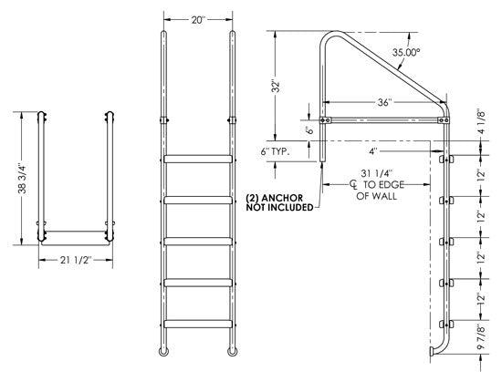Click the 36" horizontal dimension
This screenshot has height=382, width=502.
(384, 102)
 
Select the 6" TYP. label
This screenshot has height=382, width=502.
(276, 152)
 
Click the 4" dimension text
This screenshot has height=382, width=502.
(373, 151)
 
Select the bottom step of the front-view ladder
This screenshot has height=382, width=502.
(198, 322)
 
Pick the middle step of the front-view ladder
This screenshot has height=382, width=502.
(198, 241)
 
